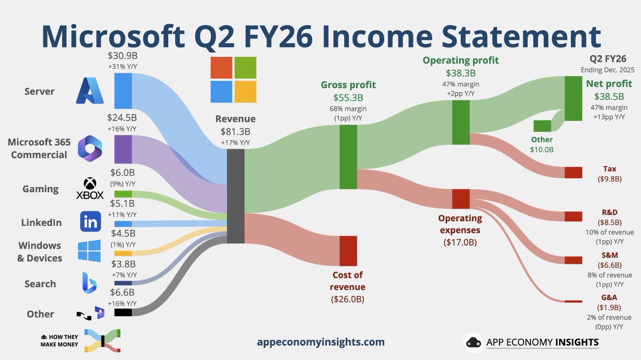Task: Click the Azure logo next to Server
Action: point(90,91)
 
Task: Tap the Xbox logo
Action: point(90,189)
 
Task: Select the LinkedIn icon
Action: point(90,222)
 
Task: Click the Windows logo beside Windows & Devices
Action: point(89,251)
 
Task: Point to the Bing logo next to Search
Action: point(89,283)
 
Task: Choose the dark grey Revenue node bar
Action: point(236,196)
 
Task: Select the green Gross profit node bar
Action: point(348,156)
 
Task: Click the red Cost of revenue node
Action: point(348,251)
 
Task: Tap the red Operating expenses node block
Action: point(460,199)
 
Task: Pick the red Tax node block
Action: point(573,173)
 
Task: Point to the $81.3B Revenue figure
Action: point(236,132)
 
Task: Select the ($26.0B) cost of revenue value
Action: point(348,299)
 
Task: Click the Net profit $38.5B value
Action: point(609,97)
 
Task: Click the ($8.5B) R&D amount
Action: point(609,222)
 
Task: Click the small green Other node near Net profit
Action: point(542,126)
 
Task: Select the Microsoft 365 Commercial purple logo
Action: point(90,148)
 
